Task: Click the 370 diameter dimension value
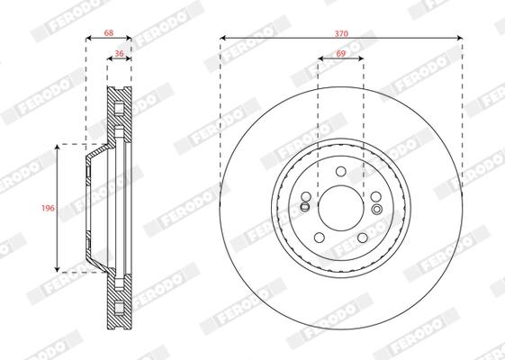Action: point(341,33)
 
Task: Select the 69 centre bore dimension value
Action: point(341,53)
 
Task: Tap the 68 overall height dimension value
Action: point(109,32)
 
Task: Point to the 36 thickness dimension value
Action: point(119,53)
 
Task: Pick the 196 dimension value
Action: point(48,208)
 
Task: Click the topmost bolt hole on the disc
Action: point(341,171)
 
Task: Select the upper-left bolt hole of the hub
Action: point(306,196)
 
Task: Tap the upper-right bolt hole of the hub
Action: point(376,196)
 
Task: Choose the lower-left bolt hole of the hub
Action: point(320,238)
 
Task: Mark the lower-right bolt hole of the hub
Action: point(363,238)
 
